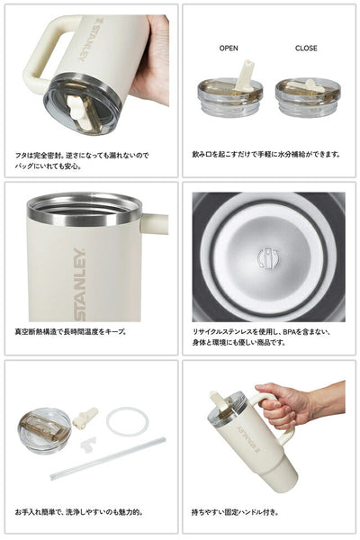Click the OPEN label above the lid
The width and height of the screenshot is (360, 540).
tap(229, 49)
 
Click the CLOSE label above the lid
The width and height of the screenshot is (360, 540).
tap(306, 49)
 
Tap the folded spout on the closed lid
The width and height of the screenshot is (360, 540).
tap(307, 85)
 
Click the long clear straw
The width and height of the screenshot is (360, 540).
tap(108, 458)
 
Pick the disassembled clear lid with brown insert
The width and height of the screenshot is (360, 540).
tap(44, 430)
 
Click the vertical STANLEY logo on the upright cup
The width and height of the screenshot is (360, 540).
tap(80, 284)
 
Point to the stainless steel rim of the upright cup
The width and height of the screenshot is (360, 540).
tap(85, 209)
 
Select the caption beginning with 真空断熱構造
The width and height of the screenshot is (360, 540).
tap(70, 332)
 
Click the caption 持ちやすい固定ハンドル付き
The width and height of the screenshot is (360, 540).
tap(235, 512)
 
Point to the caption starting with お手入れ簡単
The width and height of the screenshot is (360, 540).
tap(78, 512)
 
